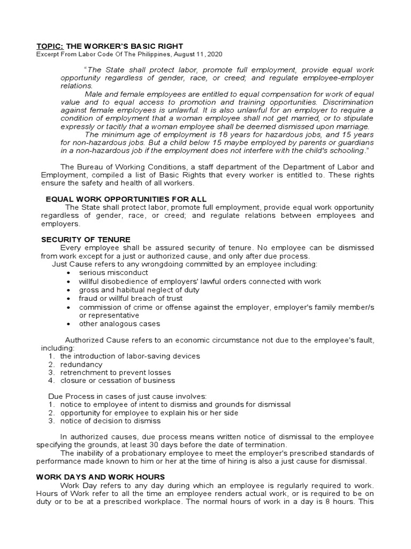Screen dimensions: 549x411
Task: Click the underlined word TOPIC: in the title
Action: point(50,46)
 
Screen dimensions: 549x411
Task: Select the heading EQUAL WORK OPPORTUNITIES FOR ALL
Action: point(126,199)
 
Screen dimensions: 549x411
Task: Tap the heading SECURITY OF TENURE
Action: point(86,239)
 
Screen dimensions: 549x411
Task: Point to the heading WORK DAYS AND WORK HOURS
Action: point(101,477)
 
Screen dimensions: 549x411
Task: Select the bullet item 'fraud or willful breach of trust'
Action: point(131,298)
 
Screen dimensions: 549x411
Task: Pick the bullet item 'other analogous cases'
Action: point(119,324)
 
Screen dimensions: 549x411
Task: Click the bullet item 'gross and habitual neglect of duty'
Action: point(139,290)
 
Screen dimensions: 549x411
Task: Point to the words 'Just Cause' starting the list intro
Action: point(70,264)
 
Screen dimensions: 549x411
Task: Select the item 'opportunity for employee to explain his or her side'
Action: point(149,413)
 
